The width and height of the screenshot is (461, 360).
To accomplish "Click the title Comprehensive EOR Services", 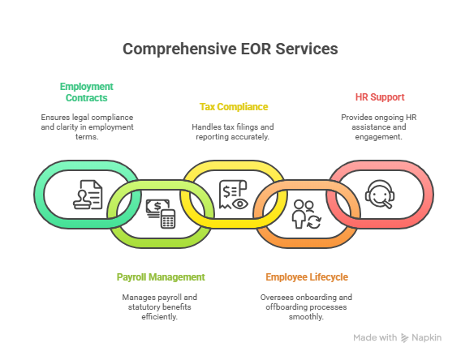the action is (230, 49).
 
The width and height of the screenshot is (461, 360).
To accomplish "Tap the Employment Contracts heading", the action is (86, 92).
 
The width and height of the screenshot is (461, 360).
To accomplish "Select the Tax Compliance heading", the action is (234, 107).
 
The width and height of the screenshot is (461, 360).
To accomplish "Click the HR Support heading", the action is (380, 97).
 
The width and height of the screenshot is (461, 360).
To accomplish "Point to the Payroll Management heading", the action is (161, 277).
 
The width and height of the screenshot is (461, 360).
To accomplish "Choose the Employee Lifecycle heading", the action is (307, 277).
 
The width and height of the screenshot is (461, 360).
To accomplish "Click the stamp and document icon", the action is (88, 195).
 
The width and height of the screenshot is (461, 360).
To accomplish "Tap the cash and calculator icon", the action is (161, 213).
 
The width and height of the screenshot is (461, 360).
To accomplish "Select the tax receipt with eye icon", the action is (234, 195).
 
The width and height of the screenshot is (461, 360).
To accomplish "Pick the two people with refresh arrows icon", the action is (306, 214).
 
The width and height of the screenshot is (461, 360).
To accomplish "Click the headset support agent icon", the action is (380, 195).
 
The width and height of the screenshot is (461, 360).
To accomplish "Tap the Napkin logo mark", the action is (404, 338).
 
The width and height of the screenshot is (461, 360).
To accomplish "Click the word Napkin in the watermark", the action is (427, 337).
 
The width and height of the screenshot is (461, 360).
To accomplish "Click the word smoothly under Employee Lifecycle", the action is (306, 317).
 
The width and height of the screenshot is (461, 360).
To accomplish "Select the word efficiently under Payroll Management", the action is (159, 317).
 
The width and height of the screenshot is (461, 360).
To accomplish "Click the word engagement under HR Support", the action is (378, 137).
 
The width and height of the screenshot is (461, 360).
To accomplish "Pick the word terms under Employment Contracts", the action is (87, 137).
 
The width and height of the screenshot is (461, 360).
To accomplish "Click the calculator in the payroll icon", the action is (168, 219).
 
